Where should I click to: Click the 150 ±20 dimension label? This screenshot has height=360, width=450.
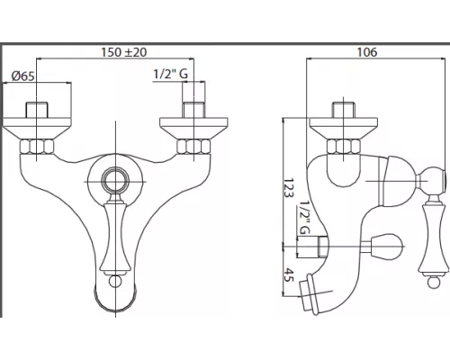(x=124, y=52)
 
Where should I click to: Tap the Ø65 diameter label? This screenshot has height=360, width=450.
(x=23, y=76)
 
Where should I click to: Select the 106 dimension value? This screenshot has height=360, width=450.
(x=367, y=52)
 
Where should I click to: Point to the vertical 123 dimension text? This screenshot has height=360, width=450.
(x=288, y=188)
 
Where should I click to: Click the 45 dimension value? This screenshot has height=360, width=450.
(x=288, y=274)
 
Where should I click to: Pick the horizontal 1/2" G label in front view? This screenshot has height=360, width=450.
(x=171, y=74)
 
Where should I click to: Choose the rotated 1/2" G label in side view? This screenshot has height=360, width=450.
(x=304, y=219)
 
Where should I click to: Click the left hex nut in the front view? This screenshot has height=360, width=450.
(x=37, y=147)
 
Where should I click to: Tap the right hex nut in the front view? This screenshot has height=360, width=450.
(x=193, y=147)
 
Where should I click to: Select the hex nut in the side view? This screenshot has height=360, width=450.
(x=343, y=147)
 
